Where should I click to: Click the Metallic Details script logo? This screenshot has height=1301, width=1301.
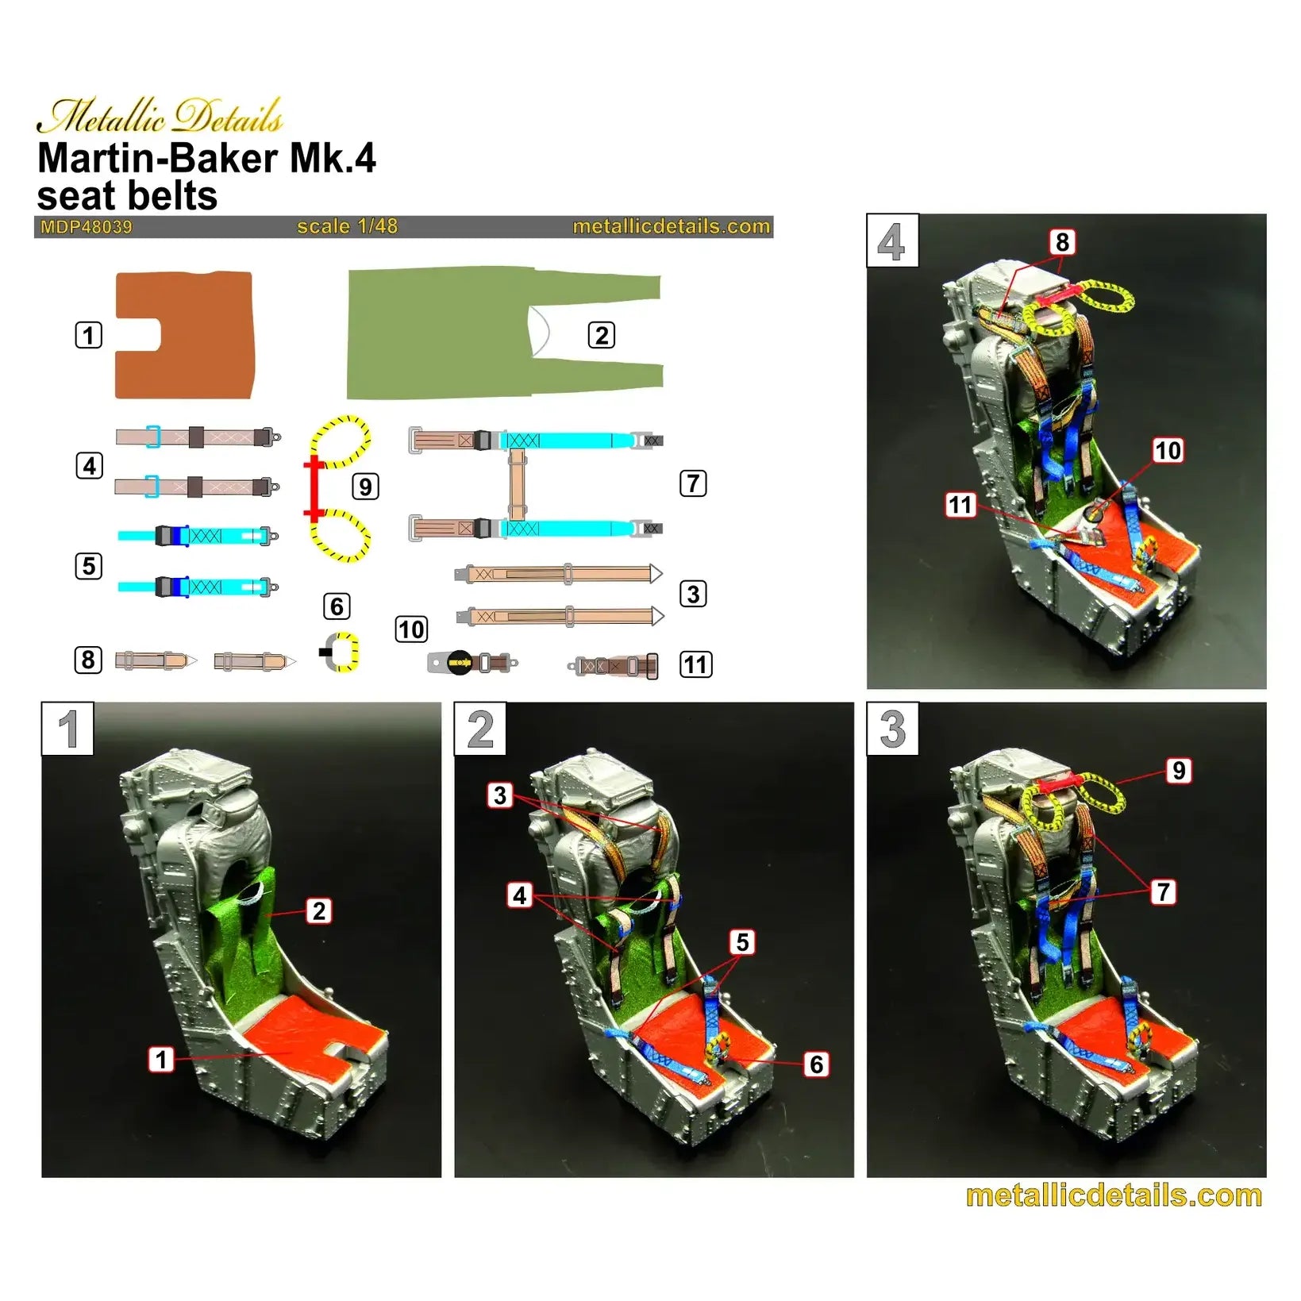(x=160, y=117)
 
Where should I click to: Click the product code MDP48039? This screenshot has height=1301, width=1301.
(x=86, y=227)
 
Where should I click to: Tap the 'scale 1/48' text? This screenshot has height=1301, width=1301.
(x=347, y=226)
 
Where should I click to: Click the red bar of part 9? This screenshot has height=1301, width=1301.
(x=315, y=488)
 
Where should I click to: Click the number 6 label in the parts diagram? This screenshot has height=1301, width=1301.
(x=337, y=606)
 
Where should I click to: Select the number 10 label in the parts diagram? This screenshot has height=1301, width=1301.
(x=411, y=629)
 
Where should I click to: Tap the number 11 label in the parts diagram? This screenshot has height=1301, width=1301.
(x=695, y=664)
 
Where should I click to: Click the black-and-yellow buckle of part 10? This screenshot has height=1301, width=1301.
(x=460, y=662)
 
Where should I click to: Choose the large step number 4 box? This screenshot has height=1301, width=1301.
(x=891, y=241)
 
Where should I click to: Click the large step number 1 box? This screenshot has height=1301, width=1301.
(x=67, y=729)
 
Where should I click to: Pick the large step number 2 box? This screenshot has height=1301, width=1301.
(x=479, y=729)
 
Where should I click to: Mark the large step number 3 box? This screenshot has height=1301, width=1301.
(x=892, y=729)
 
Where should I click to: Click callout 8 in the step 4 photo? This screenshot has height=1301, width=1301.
(x=1062, y=241)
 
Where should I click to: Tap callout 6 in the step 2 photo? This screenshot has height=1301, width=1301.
(x=816, y=1064)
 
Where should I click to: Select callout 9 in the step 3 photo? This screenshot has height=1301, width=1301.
(x=1179, y=770)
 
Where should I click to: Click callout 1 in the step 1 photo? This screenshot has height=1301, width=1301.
(x=161, y=1059)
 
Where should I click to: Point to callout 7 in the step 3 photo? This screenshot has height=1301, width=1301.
(x=1163, y=891)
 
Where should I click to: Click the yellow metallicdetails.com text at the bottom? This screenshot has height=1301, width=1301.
(x=1113, y=1195)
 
